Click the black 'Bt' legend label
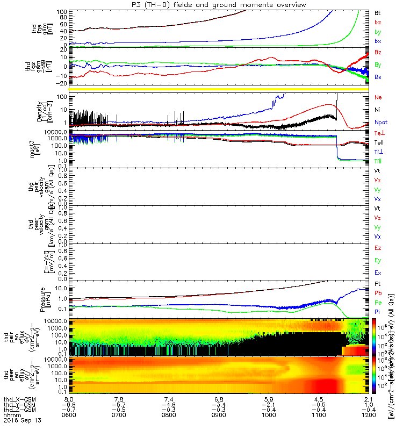[x=378, y=12]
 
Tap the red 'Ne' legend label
[x=378, y=97]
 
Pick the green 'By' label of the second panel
[x=378, y=65]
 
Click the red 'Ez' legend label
[x=378, y=248]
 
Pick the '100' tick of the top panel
[x=62, y=11]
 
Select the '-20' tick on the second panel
[x=62, y=83]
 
